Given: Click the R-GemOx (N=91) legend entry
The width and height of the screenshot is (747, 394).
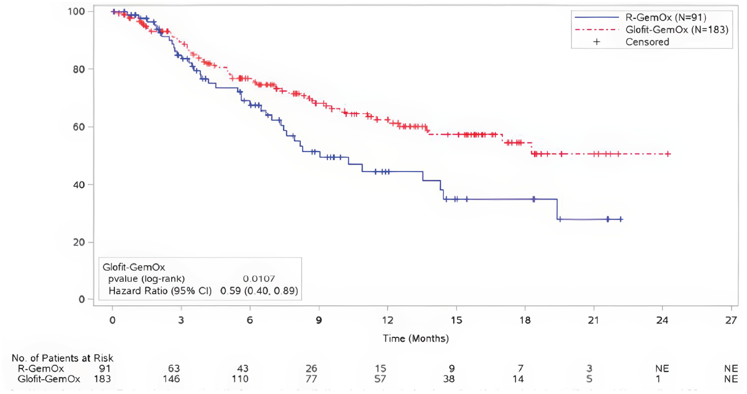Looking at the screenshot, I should (x=666, y=17).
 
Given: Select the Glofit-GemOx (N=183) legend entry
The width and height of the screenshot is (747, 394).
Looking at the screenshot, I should (x=677, y=30).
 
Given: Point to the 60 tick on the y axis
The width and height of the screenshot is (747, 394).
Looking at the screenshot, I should (x=79, y=127).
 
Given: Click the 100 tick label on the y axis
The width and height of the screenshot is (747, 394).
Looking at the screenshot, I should (x=76, y=12).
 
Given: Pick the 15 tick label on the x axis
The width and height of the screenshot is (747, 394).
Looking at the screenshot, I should (x=456, y=320).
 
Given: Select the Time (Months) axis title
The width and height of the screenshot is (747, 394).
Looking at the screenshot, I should (x=416, y=338).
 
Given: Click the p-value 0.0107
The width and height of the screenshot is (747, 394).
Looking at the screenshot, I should (x=259, y=279).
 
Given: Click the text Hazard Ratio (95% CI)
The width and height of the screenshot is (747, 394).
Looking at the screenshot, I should (x=160, y=291).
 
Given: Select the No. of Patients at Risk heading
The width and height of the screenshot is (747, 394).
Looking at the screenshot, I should (x=62, y=358).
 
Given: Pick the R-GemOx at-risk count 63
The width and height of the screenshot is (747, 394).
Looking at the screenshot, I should (x=174, y=368).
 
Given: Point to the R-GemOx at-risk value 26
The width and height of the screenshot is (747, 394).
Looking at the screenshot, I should (x=311, y=368).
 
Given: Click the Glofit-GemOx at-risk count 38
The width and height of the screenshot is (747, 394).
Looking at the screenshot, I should (x=449, y=379).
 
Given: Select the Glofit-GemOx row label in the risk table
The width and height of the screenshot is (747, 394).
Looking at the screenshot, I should (x=49, y=379).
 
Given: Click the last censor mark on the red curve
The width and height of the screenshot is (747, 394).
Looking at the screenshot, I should (x=668, y=154).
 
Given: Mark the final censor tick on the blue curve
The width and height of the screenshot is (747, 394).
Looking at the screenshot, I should (x=620, y=219).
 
